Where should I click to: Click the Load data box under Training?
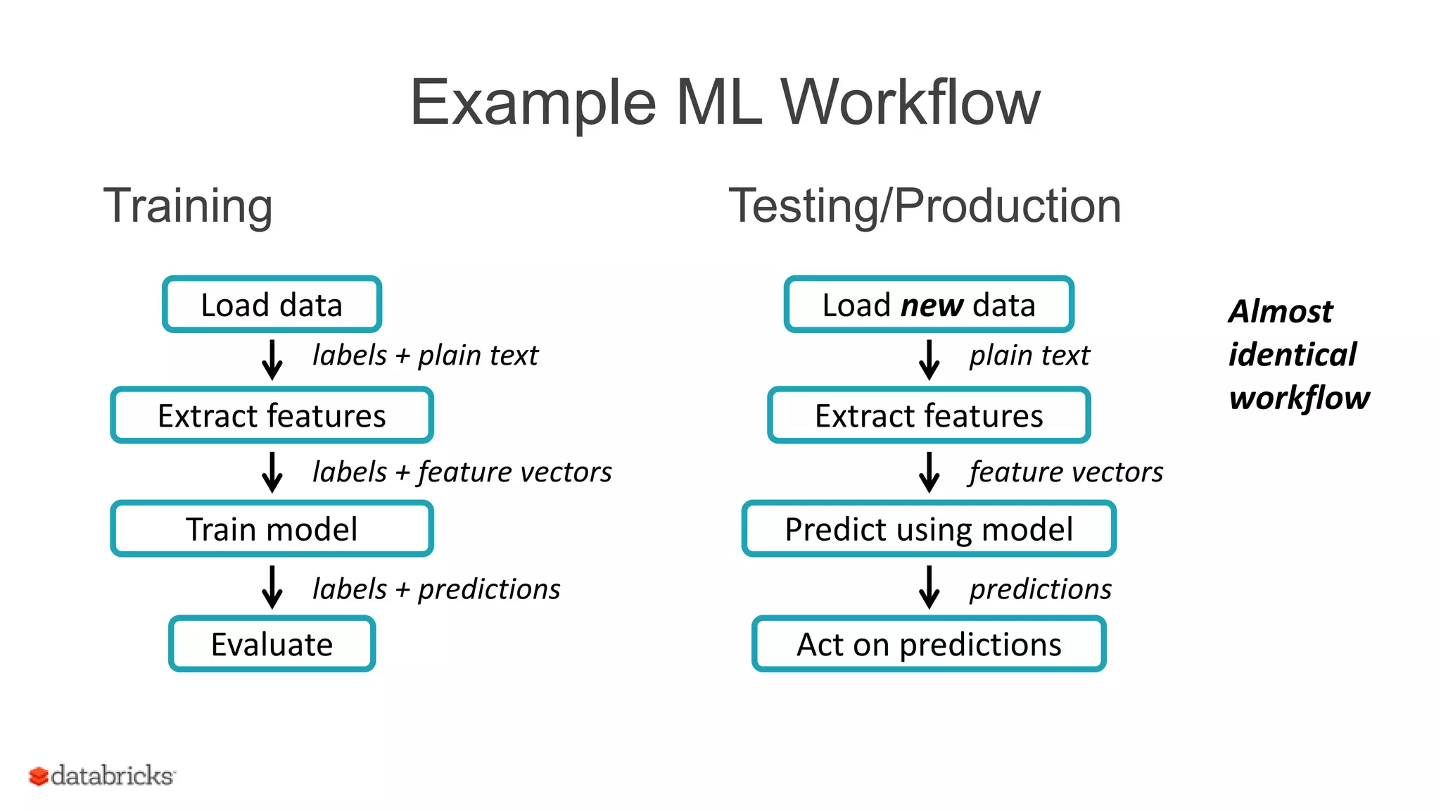pos(272,305)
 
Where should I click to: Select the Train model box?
pos(272,529)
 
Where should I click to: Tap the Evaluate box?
pos(272,644)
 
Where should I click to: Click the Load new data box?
pos(929,305)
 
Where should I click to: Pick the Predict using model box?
pos(929,529)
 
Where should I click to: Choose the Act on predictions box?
pos(929,644)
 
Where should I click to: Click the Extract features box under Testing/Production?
pos(929,415)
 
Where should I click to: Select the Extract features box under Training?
pos(272,415)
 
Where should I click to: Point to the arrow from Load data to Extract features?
pos(272,360)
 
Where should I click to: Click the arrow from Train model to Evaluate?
pos(272,586)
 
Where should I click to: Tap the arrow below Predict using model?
pos(929,586)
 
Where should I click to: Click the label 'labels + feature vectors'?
pos(462,472)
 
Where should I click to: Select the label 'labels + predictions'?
pos(436,589)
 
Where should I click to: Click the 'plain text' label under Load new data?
pos(1029,356)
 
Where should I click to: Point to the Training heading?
pos(188,206)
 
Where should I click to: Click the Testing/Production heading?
pos(925,206)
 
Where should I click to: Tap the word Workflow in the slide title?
pos(910,103)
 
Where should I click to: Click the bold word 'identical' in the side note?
pos(1292,354)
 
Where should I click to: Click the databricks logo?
pos(102,775)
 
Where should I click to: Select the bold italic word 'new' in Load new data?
pos(932,305)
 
